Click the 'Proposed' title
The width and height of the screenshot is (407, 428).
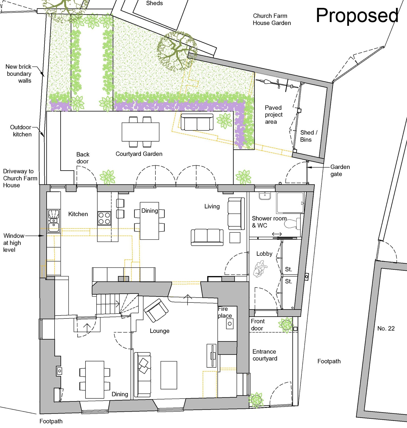click(357, 16)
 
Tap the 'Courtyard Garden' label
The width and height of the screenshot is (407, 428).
click(139, 154)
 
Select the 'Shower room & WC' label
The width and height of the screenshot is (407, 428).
click(269, 222)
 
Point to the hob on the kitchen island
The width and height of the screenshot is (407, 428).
click(104, 218)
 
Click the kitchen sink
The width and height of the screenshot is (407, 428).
click(54, 221)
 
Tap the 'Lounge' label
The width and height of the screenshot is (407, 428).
click(160, 331)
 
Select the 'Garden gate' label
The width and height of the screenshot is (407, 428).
click(340, 170)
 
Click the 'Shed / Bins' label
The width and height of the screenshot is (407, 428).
click(309, 136)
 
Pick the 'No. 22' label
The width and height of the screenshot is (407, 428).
click(386, 328)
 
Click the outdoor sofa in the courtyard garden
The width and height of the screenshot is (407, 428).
click(197, 122)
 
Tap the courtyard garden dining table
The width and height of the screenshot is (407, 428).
click(140, 132)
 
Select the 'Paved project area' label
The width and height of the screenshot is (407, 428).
click(274, 115)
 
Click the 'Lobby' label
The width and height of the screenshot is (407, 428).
click(264, 254)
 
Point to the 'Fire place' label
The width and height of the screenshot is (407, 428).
click(225, 312)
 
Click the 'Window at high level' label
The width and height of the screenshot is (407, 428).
click(14, 243)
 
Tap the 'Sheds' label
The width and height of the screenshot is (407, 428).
click(154, 3)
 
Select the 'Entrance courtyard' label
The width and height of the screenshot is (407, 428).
click(265, 355)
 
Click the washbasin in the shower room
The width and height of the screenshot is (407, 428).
click(265, 196)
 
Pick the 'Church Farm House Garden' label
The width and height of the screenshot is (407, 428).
click(272, 19)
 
